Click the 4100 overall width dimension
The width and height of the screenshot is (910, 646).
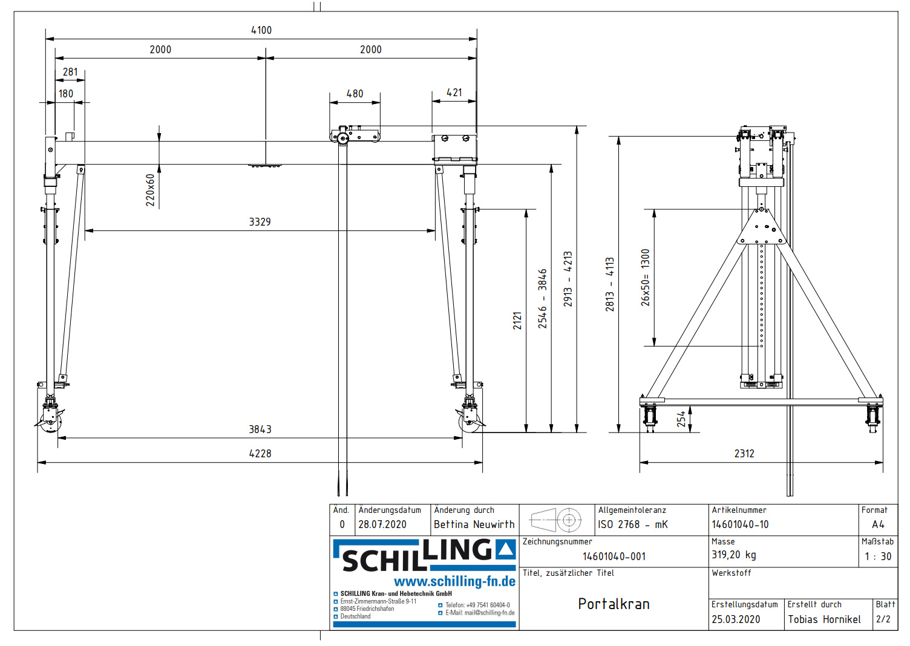pyautogui.click(x=261, y=30)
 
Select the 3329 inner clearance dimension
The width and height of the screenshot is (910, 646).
pyautogui.click(x=260, y=222)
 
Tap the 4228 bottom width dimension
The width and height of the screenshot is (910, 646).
pyautogui.click(x=260, y=454)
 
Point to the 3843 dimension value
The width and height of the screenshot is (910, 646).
pyautogui.click(x=260, y=429)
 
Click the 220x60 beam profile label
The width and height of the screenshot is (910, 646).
pyautogui.click(x=151, y=190)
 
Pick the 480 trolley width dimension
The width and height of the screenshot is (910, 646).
pyautogui.click(x=355, y=94)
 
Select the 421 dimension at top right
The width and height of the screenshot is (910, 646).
pyautogui.click(x=454, y=93)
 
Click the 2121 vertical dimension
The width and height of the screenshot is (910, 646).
pyautogui.click(x=517, y=321)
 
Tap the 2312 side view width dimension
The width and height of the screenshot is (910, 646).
pyautogui.click(x=744, y=454)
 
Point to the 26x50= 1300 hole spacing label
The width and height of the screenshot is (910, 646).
pyautogui.click(x=646, y=278)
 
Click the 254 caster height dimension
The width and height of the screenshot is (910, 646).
pyautogui.click(x=681, y=419)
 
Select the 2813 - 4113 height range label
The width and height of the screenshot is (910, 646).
pyautogui.click(x=610, y=284)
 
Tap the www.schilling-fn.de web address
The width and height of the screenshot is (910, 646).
pyautogui.click(x=454, y=582)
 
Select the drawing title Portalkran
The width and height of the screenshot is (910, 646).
pyautogui.click(x=614, y=604)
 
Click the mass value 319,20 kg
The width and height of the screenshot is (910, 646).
pyautogui.click(x=733, y=555)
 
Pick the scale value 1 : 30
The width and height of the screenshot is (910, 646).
pyautogui.click(x=877, y=556)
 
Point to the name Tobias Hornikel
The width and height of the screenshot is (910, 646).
pyautogui.click(x=824, y=619)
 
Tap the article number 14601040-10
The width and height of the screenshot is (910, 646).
pyautogui.click(x=740, y=524)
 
